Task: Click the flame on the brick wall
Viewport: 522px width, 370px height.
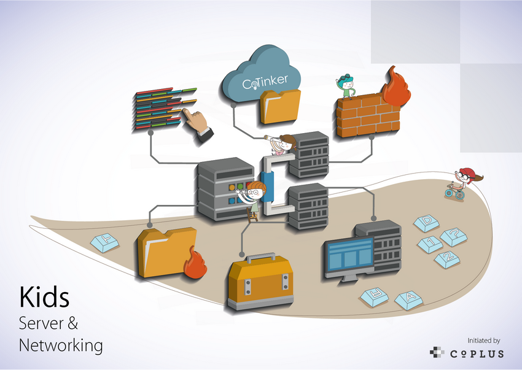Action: tap(396, 89)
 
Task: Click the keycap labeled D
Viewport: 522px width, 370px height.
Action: tap(428, 222)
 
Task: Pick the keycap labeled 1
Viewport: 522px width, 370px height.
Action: tap(430, 243)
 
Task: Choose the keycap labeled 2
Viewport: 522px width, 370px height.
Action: tap(448, 259)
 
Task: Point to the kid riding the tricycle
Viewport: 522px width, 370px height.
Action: tap(463, 182)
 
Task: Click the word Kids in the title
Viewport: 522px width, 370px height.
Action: tap(45, 297)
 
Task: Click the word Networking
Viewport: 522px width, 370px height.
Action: tap(61, 345)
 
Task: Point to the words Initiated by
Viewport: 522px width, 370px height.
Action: tap(484, 340)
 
